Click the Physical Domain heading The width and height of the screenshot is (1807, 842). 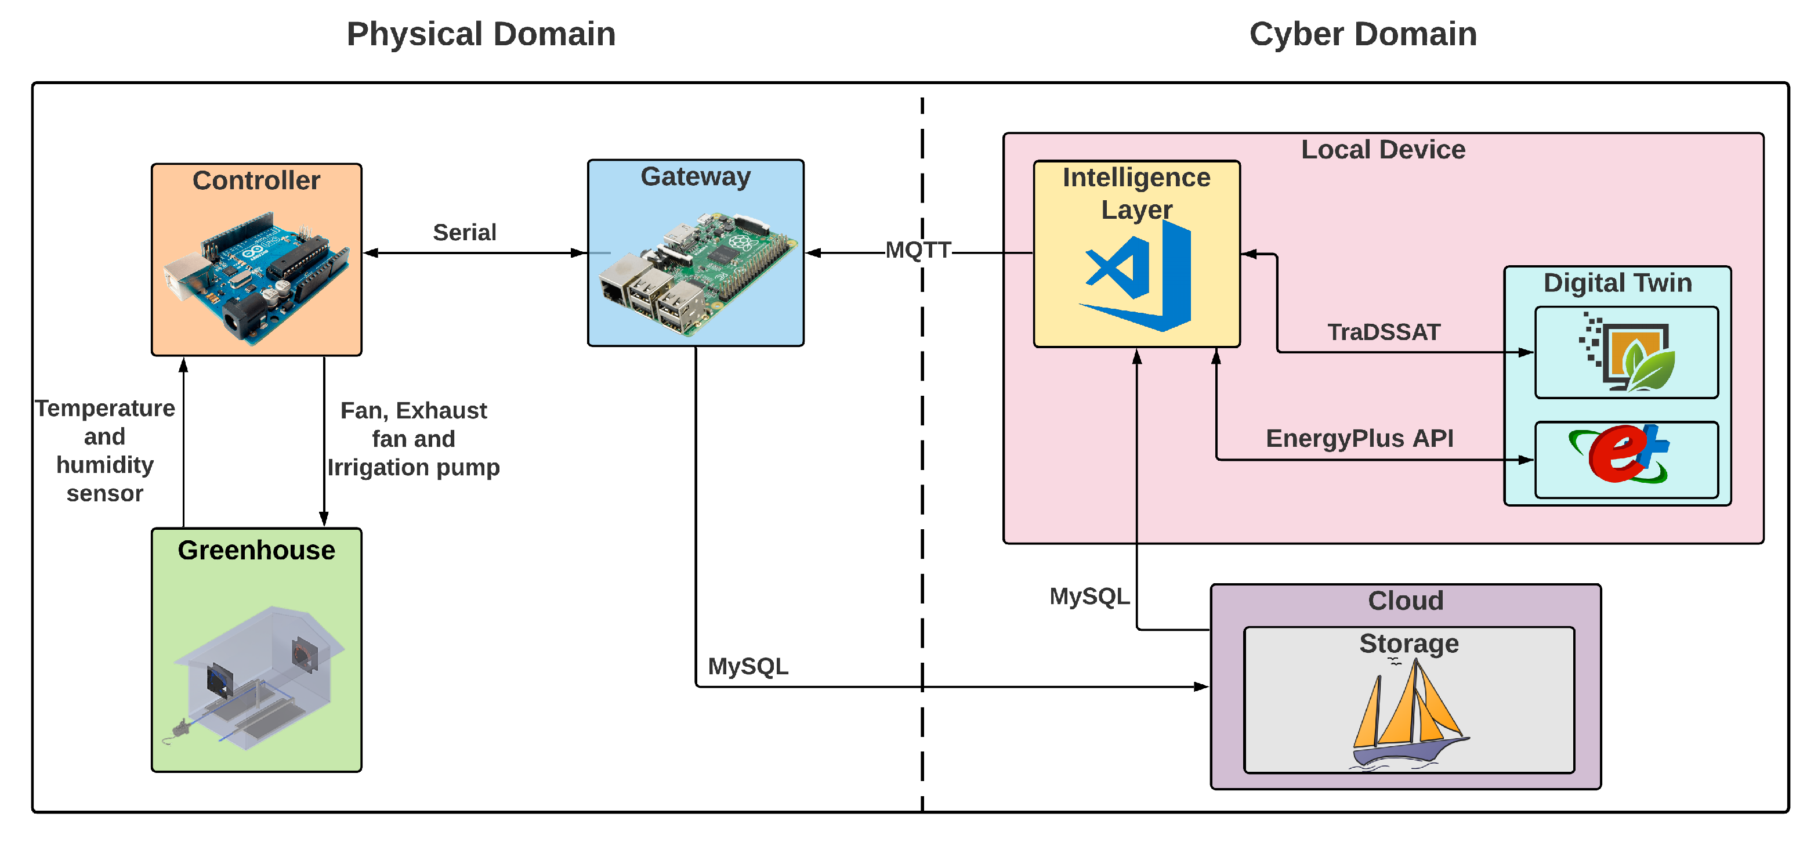[x=481, y=34]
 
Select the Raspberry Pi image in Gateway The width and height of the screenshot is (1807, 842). [x=696, y=274]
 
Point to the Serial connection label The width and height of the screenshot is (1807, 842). [x=465, y=232]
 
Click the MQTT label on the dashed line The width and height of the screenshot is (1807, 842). [x=918, y=250]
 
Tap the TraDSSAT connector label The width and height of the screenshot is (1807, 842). [x=1384, y=332]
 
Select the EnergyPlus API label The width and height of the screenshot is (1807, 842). [x=1360, y=438]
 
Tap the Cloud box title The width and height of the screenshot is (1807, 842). [x=1405, y=601]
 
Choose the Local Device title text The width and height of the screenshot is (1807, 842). [x=1382, y=150]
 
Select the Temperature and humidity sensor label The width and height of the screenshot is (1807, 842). [x=105, y=450]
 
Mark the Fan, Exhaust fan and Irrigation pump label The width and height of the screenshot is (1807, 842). [x=414, y=439]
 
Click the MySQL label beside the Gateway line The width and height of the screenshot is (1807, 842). [x=748, y=666]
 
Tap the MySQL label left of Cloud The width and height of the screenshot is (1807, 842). [x=1089, y=597]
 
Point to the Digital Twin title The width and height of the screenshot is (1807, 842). [x=1617, y=283]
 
